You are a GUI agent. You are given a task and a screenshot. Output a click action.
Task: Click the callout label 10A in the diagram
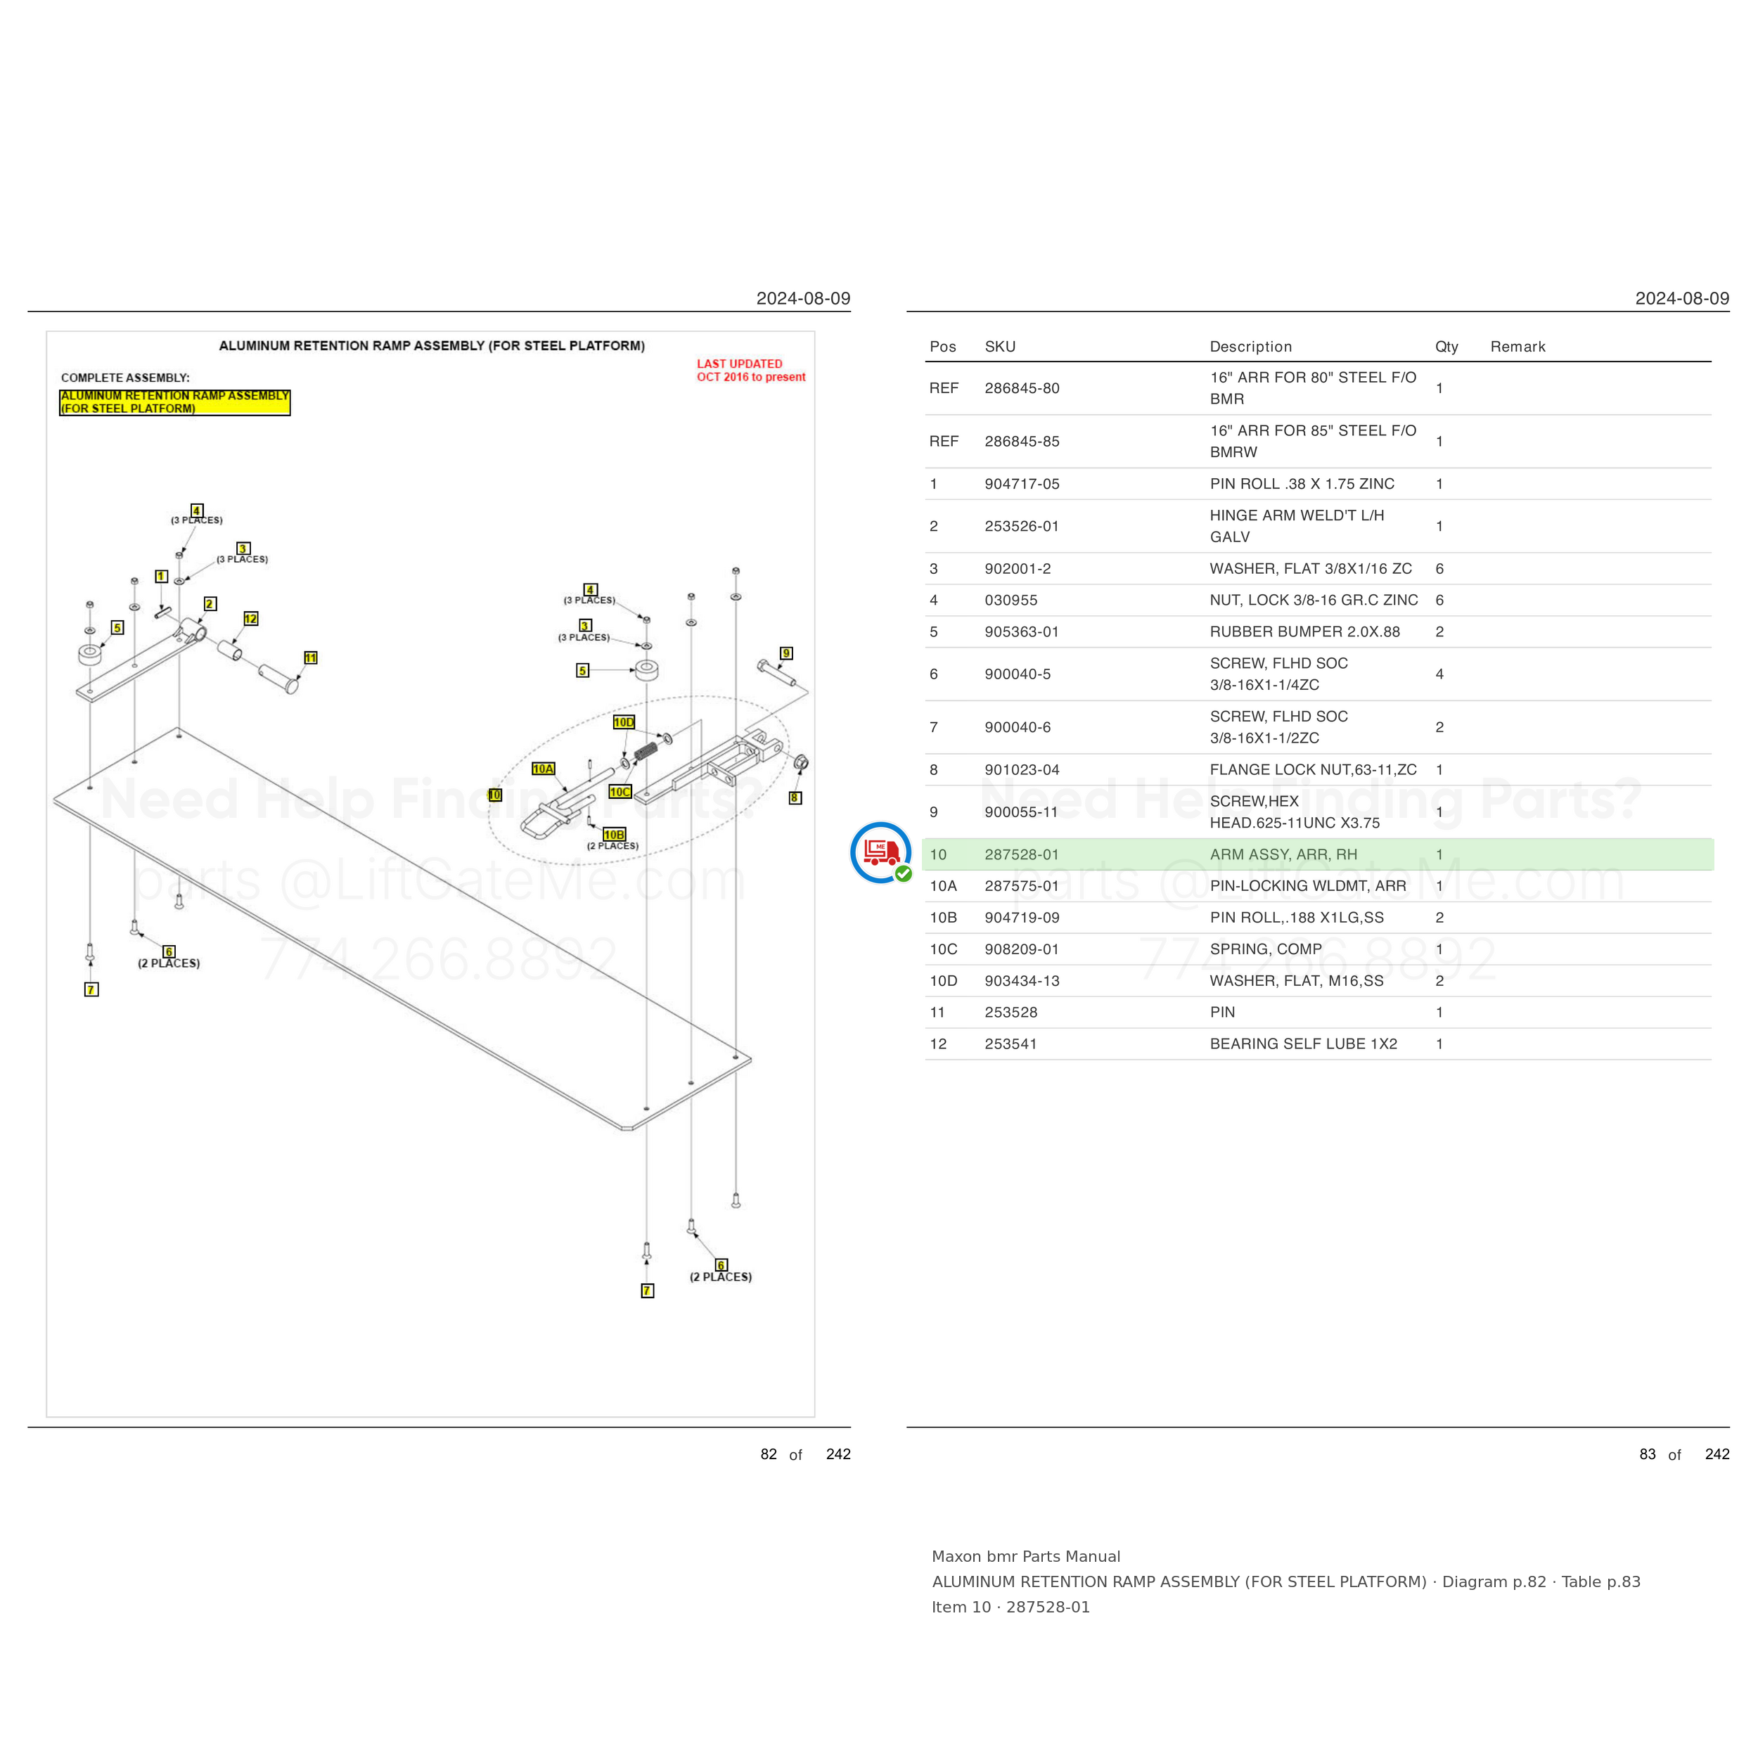544,769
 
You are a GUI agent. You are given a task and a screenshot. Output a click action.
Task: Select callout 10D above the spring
623,722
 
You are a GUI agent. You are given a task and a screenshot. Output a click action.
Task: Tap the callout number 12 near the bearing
251,619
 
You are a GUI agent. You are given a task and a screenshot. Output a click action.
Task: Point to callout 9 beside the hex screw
787,653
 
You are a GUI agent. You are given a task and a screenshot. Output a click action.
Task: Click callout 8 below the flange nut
795,798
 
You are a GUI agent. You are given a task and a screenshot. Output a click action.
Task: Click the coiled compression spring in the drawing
646,751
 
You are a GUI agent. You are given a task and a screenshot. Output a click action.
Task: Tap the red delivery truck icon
881,852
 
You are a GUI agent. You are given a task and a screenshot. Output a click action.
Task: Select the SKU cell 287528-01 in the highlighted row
1022,854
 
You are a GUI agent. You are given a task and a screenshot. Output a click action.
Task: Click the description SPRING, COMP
1266,949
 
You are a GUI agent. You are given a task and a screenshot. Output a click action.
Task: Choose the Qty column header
1446,347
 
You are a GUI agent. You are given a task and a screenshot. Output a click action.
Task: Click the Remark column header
1518,347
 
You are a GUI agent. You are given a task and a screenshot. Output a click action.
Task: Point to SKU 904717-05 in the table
1022,484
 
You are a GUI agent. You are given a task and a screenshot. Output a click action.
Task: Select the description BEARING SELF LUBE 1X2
1303,1044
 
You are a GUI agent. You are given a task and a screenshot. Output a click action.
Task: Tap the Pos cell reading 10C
944,949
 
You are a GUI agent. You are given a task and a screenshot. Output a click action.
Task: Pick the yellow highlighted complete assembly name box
174,402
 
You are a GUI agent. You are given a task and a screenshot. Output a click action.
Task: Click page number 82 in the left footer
769,1454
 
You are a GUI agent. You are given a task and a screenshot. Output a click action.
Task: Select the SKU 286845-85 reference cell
1022,442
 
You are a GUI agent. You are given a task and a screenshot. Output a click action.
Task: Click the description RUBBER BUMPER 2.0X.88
1305,631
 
